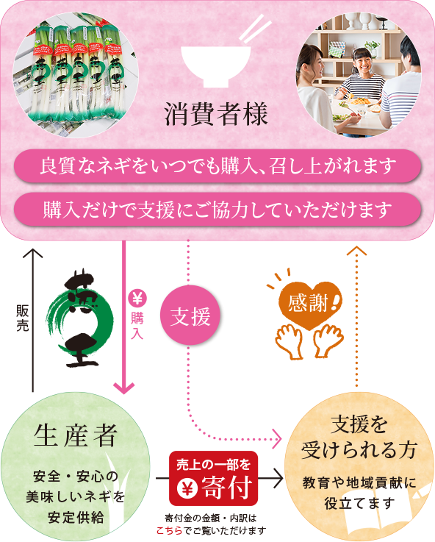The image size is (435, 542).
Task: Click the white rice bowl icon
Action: [216, 65]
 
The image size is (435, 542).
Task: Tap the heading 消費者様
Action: [216, 114]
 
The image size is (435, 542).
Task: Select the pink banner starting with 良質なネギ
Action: [217, 166]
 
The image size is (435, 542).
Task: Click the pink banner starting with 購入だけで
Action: [217, 210]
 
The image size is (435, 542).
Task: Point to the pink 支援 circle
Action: [190, 315]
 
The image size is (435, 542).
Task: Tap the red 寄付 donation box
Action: [213, 479]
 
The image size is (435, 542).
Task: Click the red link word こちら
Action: [169, 530]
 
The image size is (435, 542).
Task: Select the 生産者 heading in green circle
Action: [76, 436]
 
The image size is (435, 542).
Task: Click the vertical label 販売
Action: [23, 318]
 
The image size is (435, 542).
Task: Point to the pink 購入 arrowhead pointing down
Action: [123, 388]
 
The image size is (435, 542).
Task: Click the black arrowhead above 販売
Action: [33, 254]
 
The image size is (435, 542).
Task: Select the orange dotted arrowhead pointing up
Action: [356, 252]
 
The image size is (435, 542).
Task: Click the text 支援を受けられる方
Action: [359, 438]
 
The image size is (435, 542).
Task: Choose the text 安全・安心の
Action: [76, 477]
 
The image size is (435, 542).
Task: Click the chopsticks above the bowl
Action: [256, 29]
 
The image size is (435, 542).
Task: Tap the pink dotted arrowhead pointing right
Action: [278, 439]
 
